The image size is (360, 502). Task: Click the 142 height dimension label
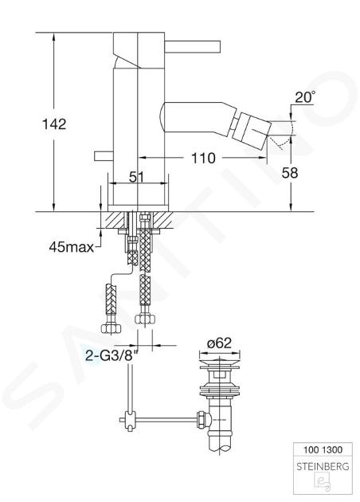pyautogui.click(x=54, y=124)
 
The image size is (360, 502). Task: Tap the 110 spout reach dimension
pyautogui.click(x=203, y=158)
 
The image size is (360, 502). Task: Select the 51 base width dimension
pyautogui.click(x=137, y=177)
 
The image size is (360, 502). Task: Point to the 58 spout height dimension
pyautogui.click(x=290, y=173)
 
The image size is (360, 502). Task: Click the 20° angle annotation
pyautogui.click(x=304, y=97)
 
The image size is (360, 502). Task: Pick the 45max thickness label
pyautogui.click(x=72, y=247)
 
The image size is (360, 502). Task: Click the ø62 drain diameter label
pyautogui.click(x=219, y=343)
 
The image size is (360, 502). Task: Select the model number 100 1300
pyautogui.click(x=323, y=449)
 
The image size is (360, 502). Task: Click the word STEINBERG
pyautogui.click(x=323, y=466)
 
